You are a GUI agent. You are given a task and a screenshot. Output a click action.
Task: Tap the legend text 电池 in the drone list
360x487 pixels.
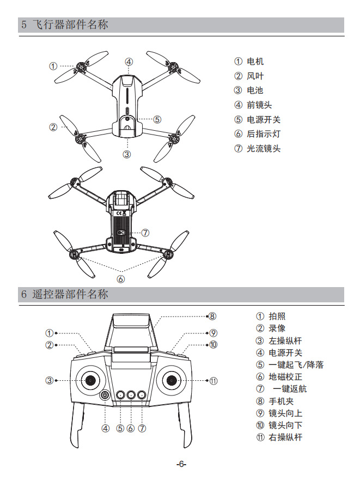coord(255,90)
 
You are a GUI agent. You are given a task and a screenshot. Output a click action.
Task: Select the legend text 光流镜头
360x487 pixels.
coord(264,148)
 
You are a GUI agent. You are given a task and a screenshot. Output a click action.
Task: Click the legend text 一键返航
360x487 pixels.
coord(290,388)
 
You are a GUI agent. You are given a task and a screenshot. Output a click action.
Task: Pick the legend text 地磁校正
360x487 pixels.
coord(285,376)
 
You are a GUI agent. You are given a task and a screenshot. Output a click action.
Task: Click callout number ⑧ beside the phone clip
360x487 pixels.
coord(212,316)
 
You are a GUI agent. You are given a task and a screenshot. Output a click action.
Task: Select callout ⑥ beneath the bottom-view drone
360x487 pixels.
coord(121,279)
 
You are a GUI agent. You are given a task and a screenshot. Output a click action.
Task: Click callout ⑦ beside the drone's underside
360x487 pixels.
coord(145,233)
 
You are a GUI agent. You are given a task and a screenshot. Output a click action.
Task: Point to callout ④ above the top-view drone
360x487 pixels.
coord(129,62)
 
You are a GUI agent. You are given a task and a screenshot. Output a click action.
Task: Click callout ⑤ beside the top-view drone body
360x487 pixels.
coord(157,119)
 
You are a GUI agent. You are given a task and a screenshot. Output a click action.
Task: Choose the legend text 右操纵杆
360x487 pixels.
coord(285,437)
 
